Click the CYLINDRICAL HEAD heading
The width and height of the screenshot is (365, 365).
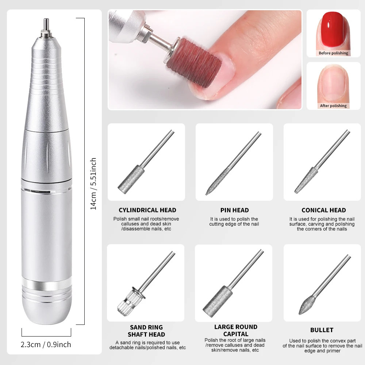147,210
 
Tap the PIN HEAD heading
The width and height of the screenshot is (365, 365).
234,210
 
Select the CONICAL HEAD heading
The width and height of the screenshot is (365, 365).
323,210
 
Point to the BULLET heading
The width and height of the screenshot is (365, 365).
322,330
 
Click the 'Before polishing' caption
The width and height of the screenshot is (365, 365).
333,53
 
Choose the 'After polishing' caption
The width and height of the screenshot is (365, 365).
333,105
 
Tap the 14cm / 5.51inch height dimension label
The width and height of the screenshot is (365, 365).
94,184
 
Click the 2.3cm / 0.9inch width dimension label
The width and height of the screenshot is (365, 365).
46,344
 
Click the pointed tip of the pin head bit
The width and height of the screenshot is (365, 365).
207,193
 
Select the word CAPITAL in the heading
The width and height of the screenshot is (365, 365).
235,334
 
